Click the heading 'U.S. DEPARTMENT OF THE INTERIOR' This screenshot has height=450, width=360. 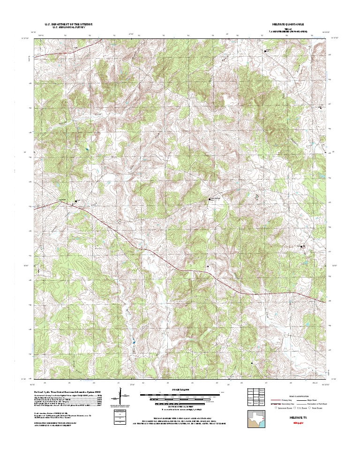(x=68, y=23)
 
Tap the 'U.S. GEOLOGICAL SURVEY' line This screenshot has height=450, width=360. (x=68, y=27)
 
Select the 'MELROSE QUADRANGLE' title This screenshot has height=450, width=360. (x=288, y=23)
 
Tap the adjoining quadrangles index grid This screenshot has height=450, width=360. (x=256, y=397)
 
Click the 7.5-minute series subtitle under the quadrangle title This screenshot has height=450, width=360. (x=288, y=30)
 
